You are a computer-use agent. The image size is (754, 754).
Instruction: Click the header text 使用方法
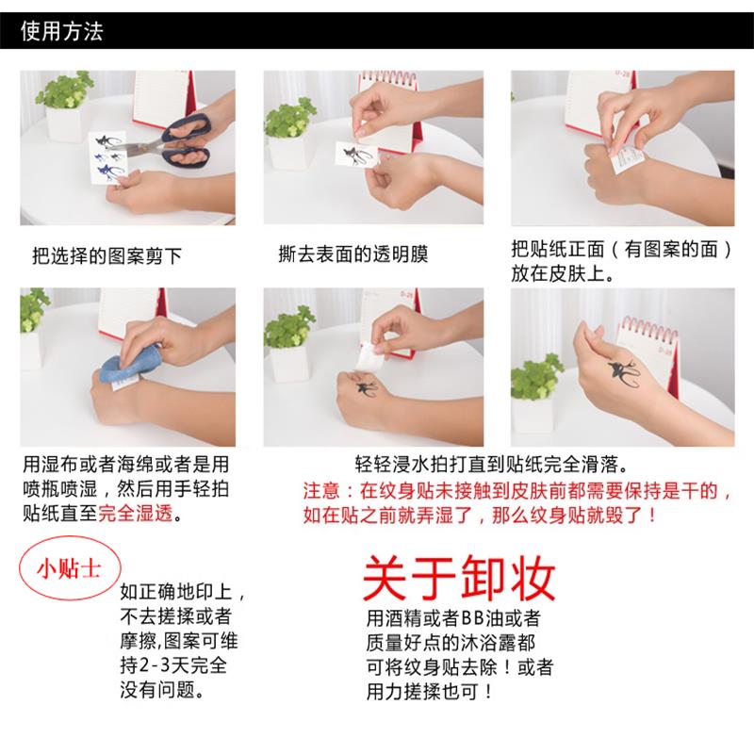point(62,32)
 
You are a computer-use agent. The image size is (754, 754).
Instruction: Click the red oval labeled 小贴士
point(65,569)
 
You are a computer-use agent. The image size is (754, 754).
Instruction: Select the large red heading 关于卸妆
point(459,578)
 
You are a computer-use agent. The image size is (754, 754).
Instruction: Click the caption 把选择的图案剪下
point(107,254)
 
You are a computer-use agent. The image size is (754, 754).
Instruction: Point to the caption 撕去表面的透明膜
point(354,254)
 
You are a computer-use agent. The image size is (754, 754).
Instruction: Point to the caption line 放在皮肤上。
point(564,275)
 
